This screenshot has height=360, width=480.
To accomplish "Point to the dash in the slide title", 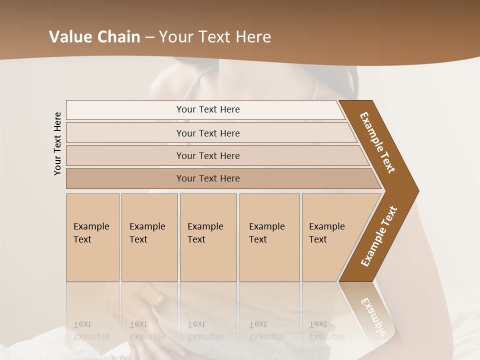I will coord(149,37).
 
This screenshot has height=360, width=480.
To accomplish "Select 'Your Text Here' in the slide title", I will coord(215,37).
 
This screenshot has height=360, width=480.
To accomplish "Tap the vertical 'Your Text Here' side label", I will coord(57,143).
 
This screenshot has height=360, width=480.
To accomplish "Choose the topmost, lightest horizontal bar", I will coord(208,109).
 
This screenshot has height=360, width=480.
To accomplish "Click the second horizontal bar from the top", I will coord(208,133).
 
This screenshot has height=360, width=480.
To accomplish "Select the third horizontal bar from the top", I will coord(208,155).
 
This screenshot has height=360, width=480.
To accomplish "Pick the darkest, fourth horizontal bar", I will coord(208,178).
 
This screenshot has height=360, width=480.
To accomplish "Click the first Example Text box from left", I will coord(92,237).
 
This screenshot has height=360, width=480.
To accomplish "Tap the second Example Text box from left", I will coord(149,237).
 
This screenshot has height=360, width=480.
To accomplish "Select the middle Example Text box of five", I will coord(208,237).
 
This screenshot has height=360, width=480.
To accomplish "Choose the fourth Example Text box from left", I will coord(269,237).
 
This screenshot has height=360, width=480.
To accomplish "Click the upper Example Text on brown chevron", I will coord(377,142).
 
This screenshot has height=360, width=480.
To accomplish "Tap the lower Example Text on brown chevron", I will coord(378,236).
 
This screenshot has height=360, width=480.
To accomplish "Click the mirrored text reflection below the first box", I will coord(91,330).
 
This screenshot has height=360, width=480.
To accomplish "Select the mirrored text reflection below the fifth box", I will coord(326,330).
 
